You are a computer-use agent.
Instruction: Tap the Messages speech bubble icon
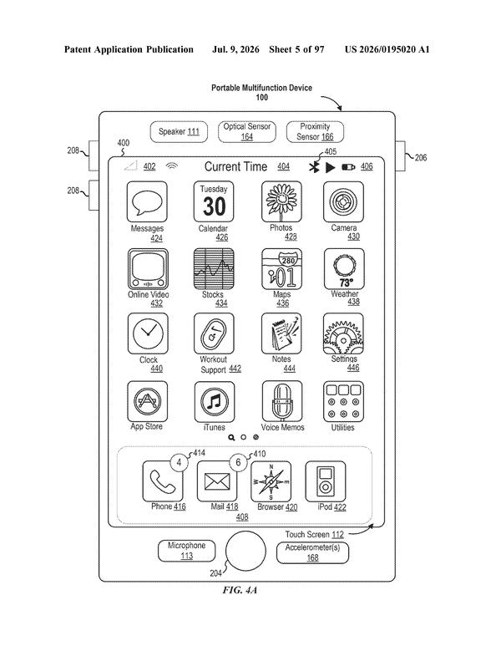pos(147,202)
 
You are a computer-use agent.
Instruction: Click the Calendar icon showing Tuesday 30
pos(214,202)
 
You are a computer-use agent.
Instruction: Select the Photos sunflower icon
pos(281,202)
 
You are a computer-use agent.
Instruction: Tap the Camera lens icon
pos(343,202)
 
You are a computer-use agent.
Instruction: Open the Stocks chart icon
pos(214,268)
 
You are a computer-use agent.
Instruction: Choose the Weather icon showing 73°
pos(344,268)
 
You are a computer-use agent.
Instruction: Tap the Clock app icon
pos(148,333)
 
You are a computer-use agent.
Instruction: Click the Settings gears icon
pos(343,333)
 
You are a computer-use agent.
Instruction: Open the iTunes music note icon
pos(215,402)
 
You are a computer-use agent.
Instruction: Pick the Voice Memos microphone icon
pos(282,401)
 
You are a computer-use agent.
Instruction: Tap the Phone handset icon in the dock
pos(163,481)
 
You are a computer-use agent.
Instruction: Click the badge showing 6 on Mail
pos(238,462)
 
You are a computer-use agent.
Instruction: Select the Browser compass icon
pos(271,481)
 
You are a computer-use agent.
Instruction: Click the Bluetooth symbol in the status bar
pos(314,167)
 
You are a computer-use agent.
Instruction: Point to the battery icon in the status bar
pos(348,167)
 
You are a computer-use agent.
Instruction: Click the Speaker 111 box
pos(179,132)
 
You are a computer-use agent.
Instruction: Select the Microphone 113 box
pos(186,551)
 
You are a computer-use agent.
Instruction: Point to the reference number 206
pos(421,157)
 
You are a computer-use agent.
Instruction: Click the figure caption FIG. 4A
pos(240,590)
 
